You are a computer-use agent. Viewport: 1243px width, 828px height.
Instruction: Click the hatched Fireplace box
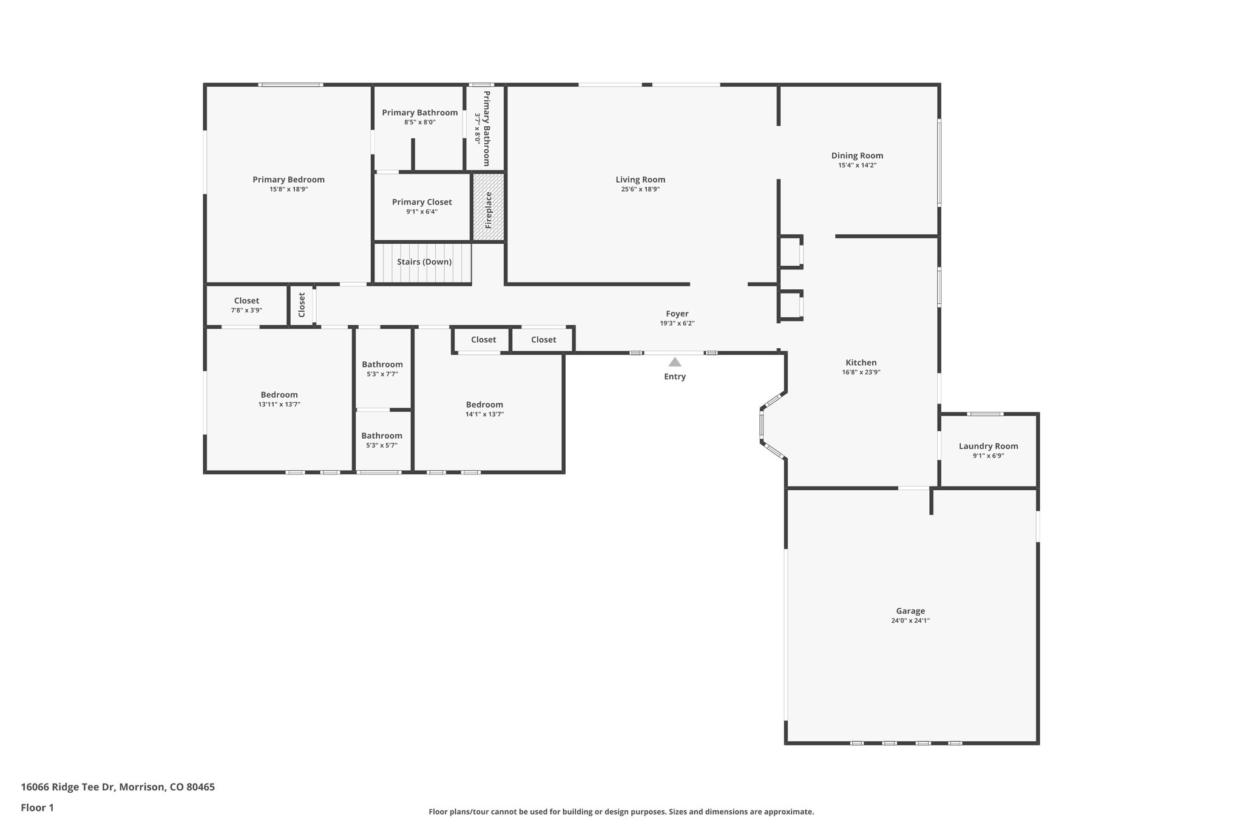pyautogui.click(x=488, y=206)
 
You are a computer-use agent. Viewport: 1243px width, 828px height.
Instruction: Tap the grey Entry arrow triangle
pyautogui.click(x=675, y=362)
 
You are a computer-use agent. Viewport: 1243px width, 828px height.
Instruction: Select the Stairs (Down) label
pyautogui.click(x=424, y=262)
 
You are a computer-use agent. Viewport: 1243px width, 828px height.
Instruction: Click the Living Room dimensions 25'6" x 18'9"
pyautogui.click(x=640, y=189)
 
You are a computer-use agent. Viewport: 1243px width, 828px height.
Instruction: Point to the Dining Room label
pyautogui.click(x=857, y=156)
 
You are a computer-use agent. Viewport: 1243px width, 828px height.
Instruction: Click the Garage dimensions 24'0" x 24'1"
pyautogui.click(x=910, y=621)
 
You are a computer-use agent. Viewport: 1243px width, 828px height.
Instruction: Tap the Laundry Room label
pyautogui.click(x=988, y=446)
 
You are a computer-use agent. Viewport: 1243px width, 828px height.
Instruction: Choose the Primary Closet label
pyautogui.click(x=422, y=202)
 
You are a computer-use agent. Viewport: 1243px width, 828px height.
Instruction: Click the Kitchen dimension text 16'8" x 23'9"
pyautogui.click(x=861, y=372)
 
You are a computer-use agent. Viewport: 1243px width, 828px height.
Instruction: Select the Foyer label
pyautogui.click(x=677, y=314)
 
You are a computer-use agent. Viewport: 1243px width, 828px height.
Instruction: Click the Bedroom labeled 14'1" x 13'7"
pyautogui.click(x=484, y=405)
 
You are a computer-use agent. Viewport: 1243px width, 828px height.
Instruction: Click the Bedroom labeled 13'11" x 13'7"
pyautogui.click(x=279, y=395)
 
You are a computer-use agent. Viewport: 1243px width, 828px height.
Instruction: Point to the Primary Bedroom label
pyautogui.click(x=288, y=180)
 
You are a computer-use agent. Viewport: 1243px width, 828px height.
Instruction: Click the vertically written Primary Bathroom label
pyautogui.click(x=486, y=128)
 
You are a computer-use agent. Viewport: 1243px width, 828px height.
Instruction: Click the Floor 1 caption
pyautogui.click(x=37, y=808)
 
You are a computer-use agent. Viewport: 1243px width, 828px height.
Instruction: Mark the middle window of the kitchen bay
pyautogui.click(x=761, y=424)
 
